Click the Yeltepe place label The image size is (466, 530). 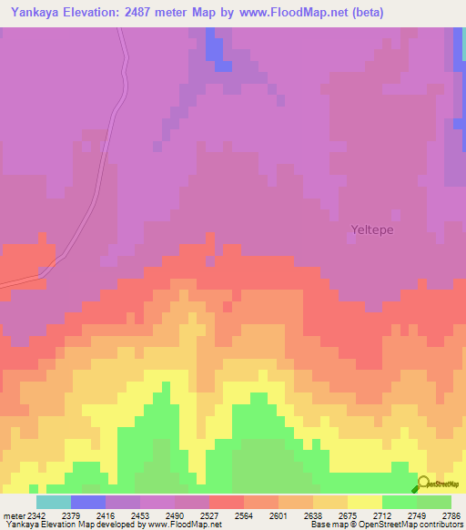click(372, 230)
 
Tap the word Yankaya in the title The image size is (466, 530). click(37, 13)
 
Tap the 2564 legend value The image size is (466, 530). click(244, 515)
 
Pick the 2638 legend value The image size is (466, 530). click(313, 515)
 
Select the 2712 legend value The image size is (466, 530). click(381, 515)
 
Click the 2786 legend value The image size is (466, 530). click(450, 515)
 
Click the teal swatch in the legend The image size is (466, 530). click(54, 502)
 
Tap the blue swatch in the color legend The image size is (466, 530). click(88, 502)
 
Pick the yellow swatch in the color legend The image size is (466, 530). click(364, 502)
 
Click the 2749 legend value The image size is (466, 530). click(416, 515)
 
